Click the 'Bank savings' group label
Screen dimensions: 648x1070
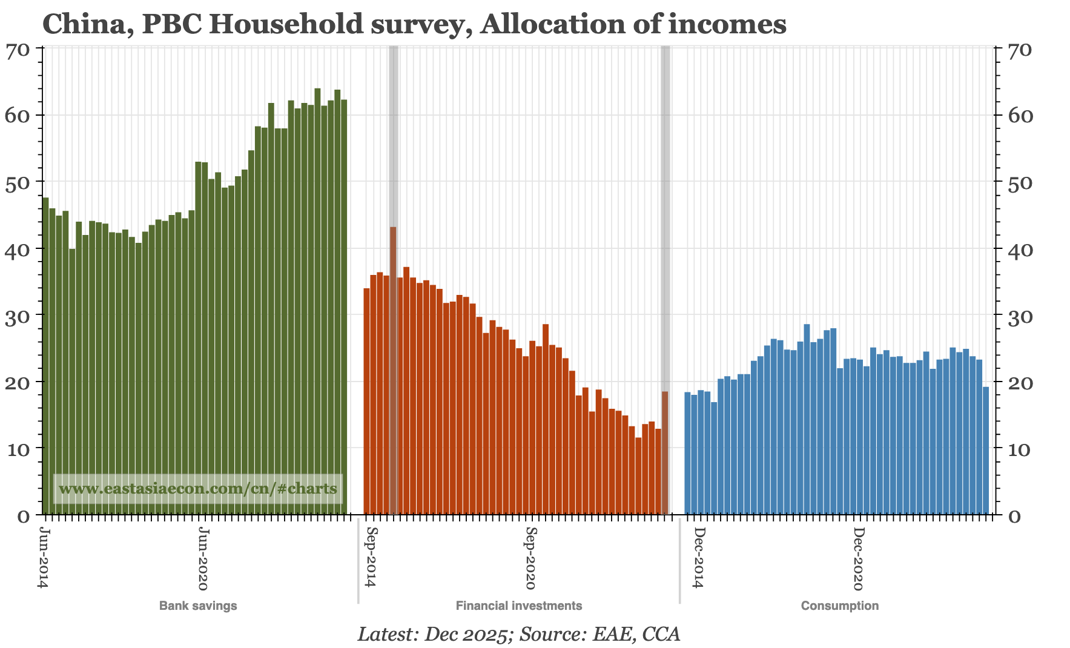tap(198, 606)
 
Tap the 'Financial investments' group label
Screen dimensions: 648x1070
tap(519, 606)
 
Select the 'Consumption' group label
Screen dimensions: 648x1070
tap(839, 606)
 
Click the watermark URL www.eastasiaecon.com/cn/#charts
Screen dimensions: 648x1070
tap(198, 488)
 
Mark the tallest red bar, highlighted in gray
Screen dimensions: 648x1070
tap(393, 369)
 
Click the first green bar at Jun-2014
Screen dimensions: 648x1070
tap(46, 357)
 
